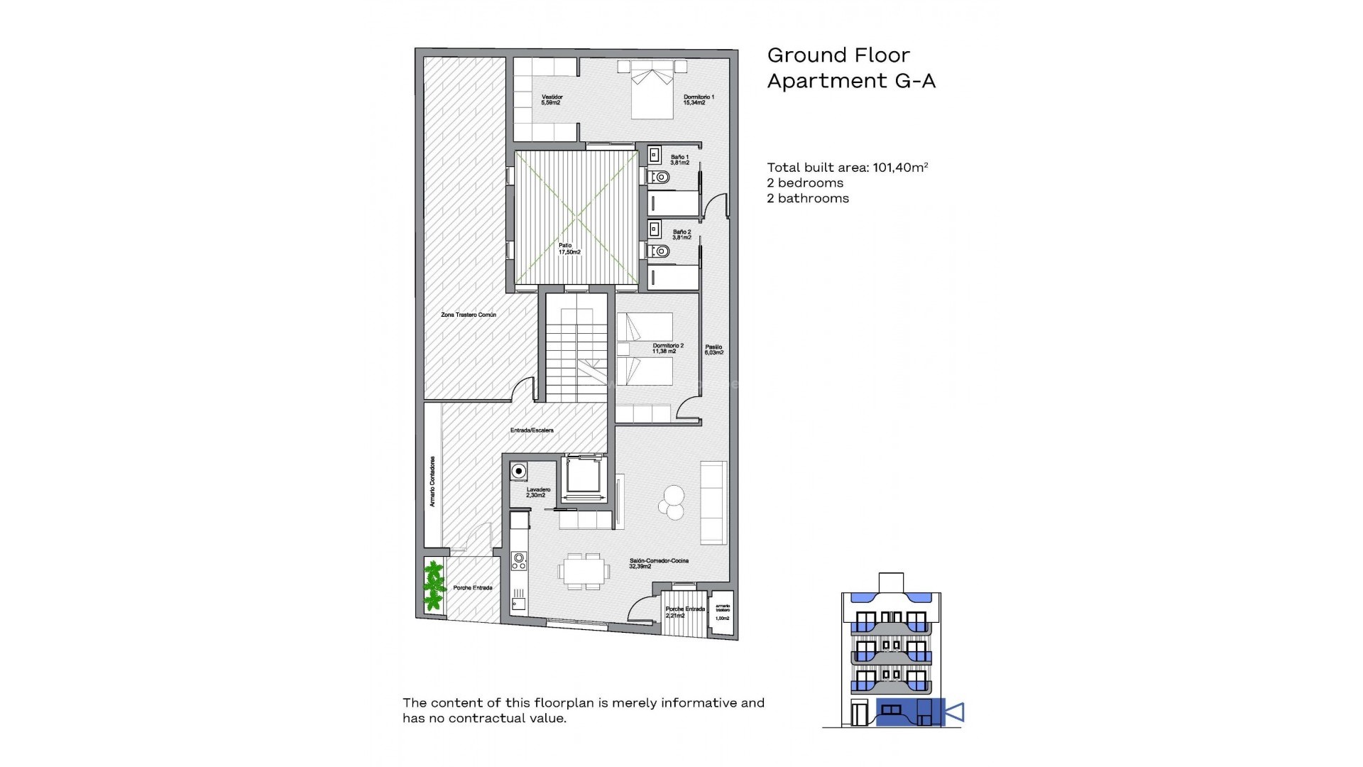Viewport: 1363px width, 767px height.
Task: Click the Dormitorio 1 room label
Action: click(x=699, y=99)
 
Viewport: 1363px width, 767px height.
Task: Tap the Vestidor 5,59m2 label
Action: click(x=552, y=99)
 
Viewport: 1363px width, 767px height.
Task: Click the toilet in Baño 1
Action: click(x=659, y=177)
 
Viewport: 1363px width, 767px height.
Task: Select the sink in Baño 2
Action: click(x=655, y=230)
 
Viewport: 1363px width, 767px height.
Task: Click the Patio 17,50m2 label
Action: click(x=569, y=249)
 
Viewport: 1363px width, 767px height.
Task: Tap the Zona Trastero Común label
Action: click(x=469, y=315)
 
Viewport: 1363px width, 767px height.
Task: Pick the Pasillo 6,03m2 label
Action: click(x=713, y=349)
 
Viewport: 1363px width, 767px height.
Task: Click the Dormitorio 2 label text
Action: click(x=667, y=348)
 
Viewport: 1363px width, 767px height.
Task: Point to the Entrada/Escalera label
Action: click(x=532, y=430)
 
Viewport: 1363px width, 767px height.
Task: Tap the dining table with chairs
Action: click(x=583, y=570)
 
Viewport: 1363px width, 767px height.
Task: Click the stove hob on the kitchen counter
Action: click(x=519, y=561)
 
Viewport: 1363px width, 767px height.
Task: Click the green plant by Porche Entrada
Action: click(x=433, y=587)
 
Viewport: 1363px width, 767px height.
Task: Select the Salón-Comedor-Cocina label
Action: click(x=658, y=563)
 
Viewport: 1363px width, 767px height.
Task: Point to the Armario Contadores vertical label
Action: click(x=432, y=481)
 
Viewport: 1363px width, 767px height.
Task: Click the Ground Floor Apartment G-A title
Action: click(x=850, y=68)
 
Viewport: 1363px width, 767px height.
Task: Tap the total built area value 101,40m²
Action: click(x=899, y=168)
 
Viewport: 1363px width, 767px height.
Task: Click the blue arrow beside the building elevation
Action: click(x=956, y=712)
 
